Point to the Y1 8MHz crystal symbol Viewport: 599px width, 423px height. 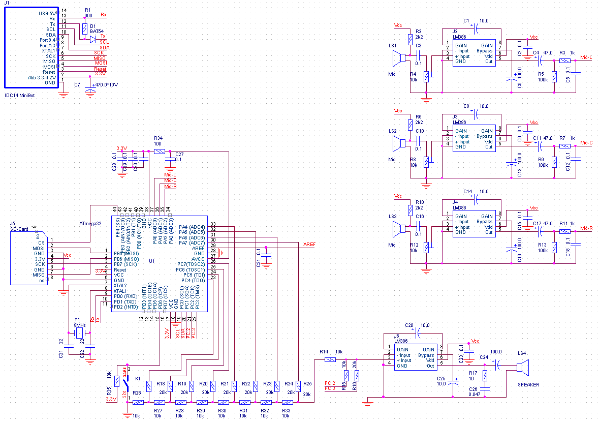pos(80,333)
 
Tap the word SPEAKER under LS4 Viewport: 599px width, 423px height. pos(528,384)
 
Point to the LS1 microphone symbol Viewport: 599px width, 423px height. pos(399,58)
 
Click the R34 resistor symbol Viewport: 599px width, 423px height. pos(160,152)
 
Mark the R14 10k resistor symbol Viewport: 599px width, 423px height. pos(330,360)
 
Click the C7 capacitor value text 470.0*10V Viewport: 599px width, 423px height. pos(105,84)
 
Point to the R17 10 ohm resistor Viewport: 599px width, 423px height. pos(486,376)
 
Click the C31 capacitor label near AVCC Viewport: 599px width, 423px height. pos(259,262)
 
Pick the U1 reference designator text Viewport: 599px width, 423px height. pos(151,261)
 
